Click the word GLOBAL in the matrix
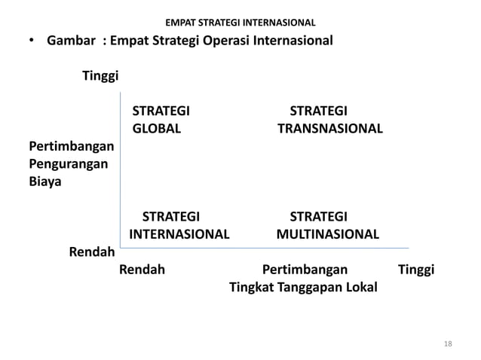(157, 129)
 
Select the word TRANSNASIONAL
(329, 129)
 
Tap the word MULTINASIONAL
(327, 234)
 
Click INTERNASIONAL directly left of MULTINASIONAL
(179, 234)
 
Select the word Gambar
(71, 40)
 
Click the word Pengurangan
(68, 163)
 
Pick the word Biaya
(46, 182)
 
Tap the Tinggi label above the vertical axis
(100, 76)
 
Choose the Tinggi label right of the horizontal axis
(415, 270)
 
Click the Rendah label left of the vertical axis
(91, 252)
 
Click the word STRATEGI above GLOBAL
(161, 111)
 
